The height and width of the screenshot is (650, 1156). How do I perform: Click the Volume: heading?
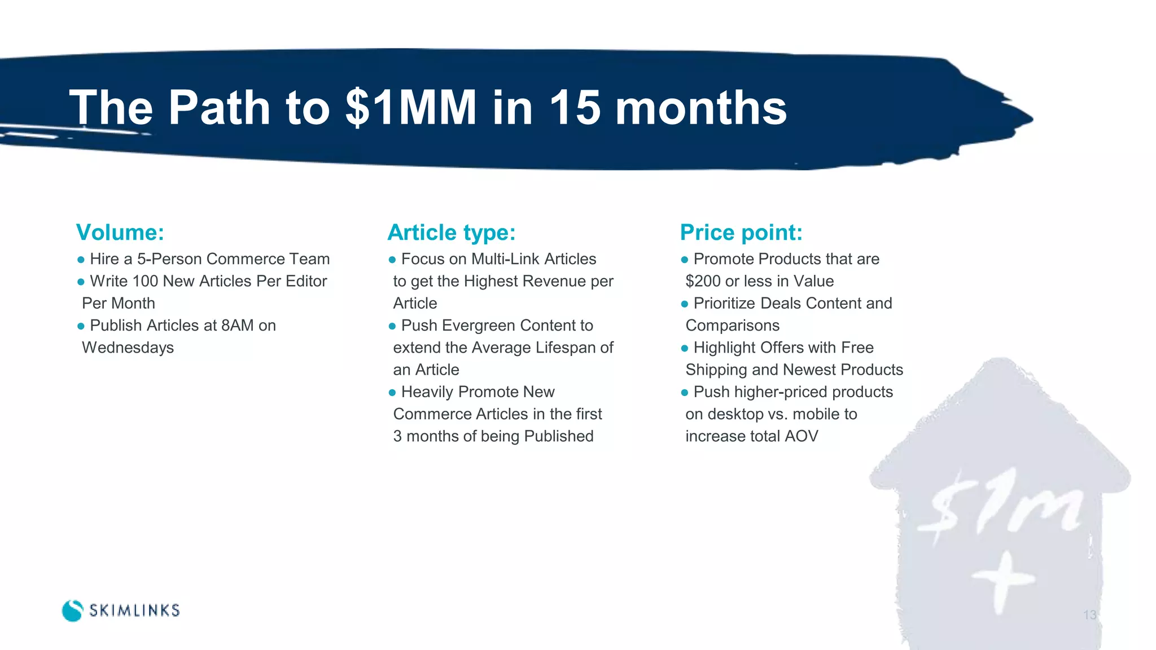(x=120, y=232)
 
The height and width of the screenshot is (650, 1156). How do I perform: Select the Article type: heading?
(x=452, y=232)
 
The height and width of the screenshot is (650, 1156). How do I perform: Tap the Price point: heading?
(x=741, y=232)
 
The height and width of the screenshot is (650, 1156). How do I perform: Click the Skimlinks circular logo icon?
(x=72, y=611)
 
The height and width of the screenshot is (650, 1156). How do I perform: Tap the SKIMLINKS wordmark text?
(x=134, y=611)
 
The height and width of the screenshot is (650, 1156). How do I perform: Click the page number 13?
(x=1089, y=615)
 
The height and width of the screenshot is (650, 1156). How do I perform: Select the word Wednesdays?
(x=128, y=348)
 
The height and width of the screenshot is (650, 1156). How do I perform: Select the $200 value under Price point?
(x=702, y=281)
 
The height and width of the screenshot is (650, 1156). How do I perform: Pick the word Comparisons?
(x=733, y=326)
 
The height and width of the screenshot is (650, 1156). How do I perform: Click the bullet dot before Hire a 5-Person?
(x=81, y=260)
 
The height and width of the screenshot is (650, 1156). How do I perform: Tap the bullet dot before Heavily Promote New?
(x=392, y=393)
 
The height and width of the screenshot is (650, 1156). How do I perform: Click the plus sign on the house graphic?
(x=1004, y=581)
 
